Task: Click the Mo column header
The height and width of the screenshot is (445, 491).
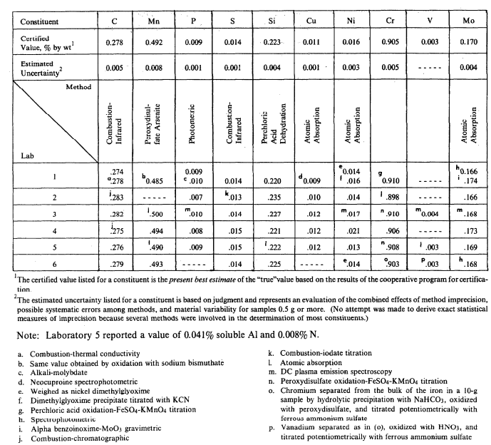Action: pos(468,21)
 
